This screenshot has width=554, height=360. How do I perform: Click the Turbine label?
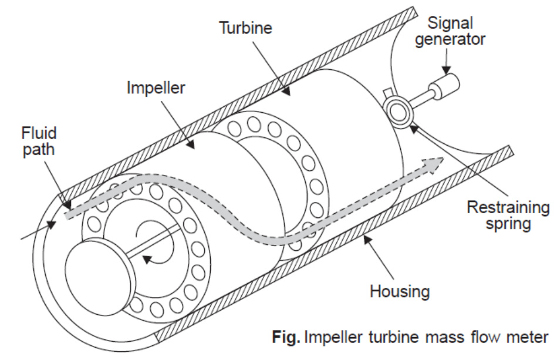(246, 28)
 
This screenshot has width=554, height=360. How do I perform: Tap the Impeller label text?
(156, 88)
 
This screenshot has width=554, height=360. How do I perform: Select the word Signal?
(450, 23)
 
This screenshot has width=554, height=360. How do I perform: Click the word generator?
(450, 39)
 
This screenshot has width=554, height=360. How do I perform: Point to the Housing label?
(400, 291)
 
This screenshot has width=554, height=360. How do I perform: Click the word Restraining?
(508, 207)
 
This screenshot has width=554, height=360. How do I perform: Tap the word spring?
(508, 224)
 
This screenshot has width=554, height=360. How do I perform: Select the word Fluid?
(39, 133)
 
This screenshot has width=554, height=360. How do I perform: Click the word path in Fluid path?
(39, 150)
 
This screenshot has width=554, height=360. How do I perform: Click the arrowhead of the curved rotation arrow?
(148, 260)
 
